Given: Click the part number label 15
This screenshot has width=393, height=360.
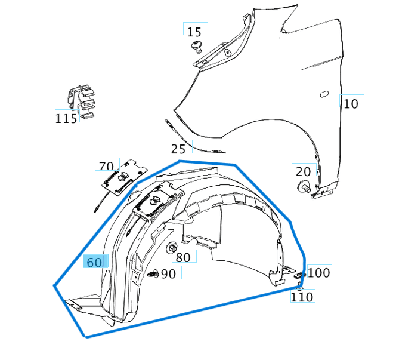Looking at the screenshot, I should pos(194,32).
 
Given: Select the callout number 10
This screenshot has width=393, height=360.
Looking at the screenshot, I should pos(351,103).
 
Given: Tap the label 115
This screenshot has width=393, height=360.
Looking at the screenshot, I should pos(66,118).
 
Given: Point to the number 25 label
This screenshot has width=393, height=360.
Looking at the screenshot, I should pos(178,149).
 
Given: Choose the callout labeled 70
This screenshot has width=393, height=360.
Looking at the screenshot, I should pos(106,167).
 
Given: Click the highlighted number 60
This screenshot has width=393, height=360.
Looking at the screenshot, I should pos(94,262).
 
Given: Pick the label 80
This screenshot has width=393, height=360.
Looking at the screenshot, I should pos(183,257).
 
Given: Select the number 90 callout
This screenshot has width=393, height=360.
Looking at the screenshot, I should pos(168,273).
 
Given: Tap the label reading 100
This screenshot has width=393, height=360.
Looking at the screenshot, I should pos(319,273).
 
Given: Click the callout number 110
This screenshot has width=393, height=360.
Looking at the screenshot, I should pos(302,296).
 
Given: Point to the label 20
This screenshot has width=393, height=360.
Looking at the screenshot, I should pos(303,171).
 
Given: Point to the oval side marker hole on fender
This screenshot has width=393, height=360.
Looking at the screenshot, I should pos(324,94).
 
